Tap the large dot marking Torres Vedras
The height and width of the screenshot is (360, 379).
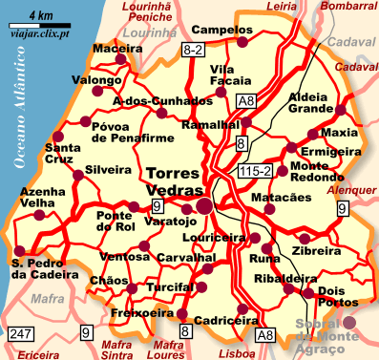(x=204, y=205)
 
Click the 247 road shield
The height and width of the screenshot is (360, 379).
(x=20, y=334)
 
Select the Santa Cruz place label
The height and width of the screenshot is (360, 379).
(x=63, y=155)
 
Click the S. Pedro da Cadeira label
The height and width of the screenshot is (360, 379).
(x=36, y=269)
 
